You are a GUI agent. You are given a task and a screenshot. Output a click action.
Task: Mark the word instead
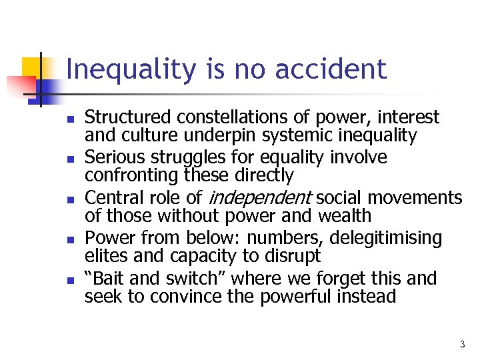click(368, 296)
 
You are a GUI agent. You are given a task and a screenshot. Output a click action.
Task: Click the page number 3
click(462, 344)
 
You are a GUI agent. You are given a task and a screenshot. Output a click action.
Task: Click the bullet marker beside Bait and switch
click(69, 280)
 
